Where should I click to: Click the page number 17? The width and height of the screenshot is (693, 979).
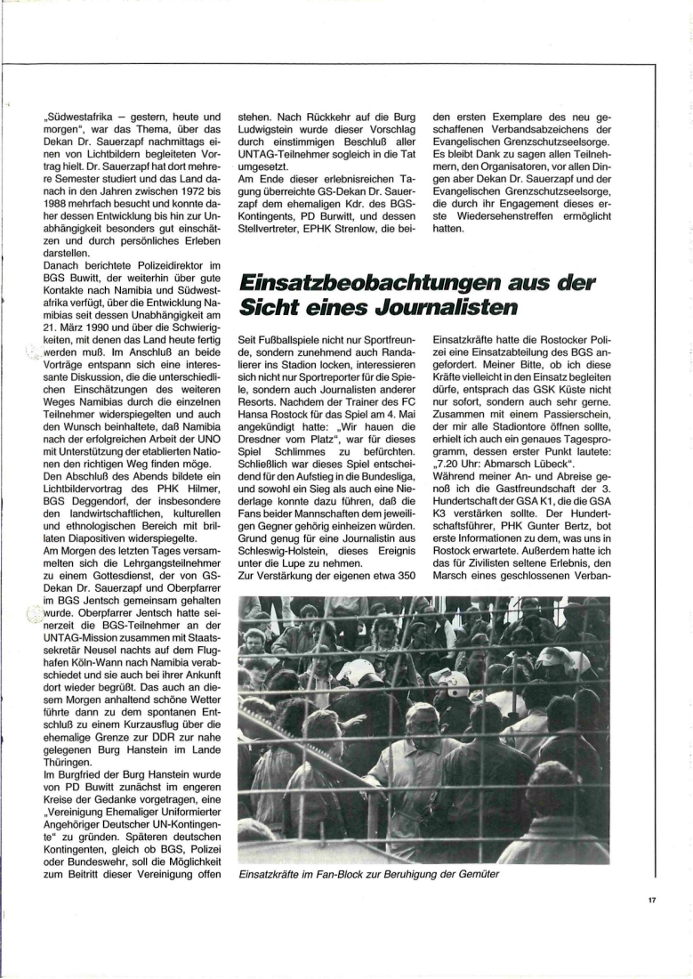651,900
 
